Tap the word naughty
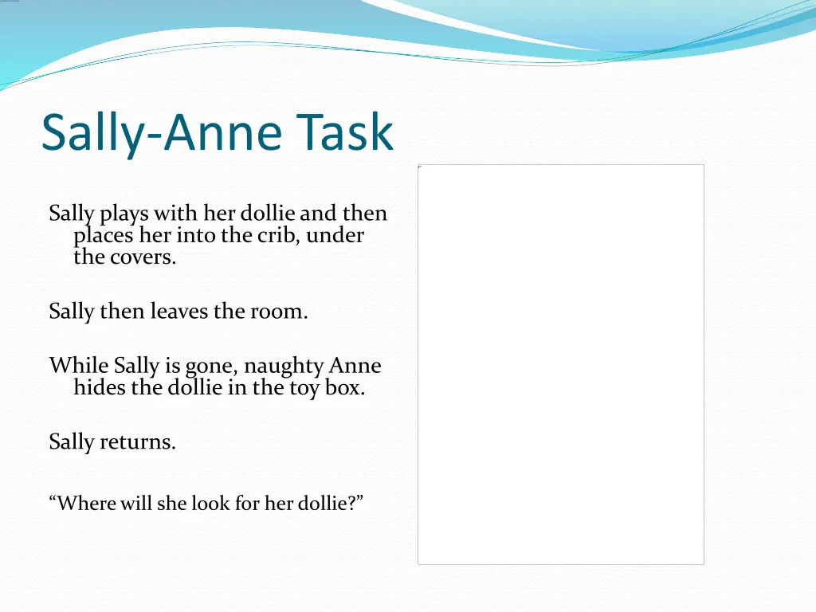(x=283, y=367)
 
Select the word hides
(x=97, y=388)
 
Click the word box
(x=344, y=388)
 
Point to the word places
(x=103, y=237)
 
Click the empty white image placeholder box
(x=560, y=364)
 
